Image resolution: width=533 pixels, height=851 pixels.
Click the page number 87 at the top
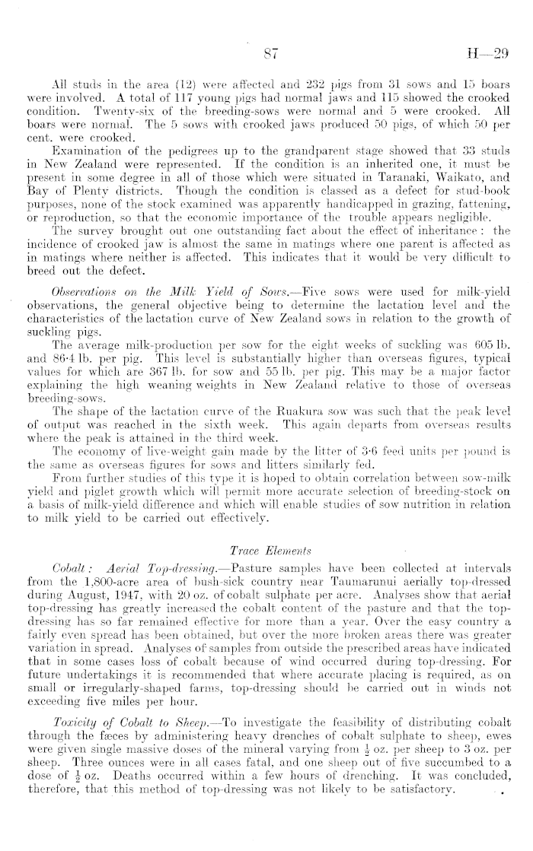[x=266, y=54]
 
